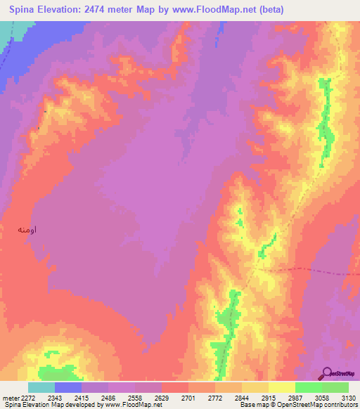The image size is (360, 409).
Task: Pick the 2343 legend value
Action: pyautogui.click(x=55, y=398)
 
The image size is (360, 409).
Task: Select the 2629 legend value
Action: pyautogui.click(x=162, y=398)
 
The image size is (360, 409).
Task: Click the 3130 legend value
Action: pyautogui.click(x=349, y=398)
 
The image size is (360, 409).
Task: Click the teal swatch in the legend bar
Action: pyautogui.click(x=41, y=387)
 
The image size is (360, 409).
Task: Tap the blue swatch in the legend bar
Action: pyautogui.click(x=68, y=387)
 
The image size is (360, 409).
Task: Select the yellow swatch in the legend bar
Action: pyautogui.click(x=282, y=387)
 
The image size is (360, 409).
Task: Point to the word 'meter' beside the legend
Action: pyautogui.click(x=10, y=398)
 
